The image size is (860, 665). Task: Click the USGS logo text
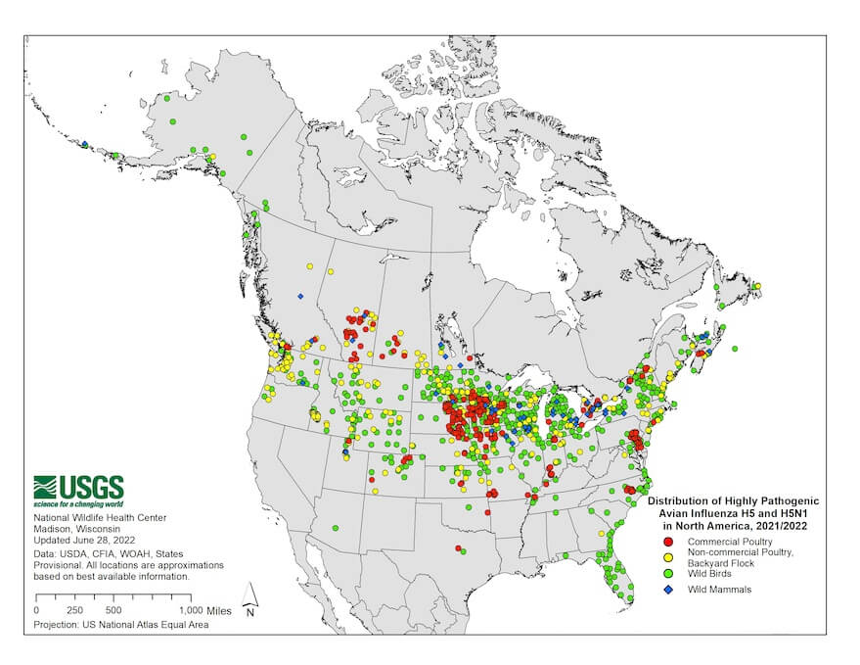click(92, 486)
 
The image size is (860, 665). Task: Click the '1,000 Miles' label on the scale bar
click(204, 609)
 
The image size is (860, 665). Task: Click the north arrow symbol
click(250, 596)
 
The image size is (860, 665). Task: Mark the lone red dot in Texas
click(458, 547)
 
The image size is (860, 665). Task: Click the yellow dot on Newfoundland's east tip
click(756, 287)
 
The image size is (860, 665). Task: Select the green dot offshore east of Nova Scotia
click(735, 349)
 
